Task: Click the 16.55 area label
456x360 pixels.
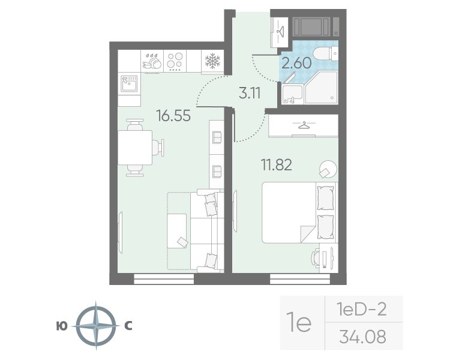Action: (x=173, y=116)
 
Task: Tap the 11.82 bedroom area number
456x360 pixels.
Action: (x=276, y=165)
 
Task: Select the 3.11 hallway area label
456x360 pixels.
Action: (x=250, y=93)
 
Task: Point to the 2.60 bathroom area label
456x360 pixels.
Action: (x=296, y=63)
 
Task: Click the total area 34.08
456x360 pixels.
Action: (x=362, y=337)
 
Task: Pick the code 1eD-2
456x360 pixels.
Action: (x=361, y=310)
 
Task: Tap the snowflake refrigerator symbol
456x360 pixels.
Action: (x=212, y=61)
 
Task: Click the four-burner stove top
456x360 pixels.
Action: (x=175, y=61)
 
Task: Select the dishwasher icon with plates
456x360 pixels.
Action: (x=152, y=61)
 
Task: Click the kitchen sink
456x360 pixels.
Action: (x=129, y=83)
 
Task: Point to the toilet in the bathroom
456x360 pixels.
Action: (x=326, y=53)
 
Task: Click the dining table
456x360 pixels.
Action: (x=135, y=148)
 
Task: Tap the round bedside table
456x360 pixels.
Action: (x=328, y=169)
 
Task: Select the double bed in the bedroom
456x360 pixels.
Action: (x=299, y=212)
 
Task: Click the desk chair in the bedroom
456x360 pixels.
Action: (x=316, y=258)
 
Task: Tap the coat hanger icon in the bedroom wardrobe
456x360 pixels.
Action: (x=304, y=125)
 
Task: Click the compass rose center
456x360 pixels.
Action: (x=96, y=326)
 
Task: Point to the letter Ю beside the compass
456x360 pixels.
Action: (x=62, y=326)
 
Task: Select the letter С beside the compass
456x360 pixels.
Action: (x=128, y=326)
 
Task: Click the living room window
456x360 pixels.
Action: (x=164, y=278)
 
